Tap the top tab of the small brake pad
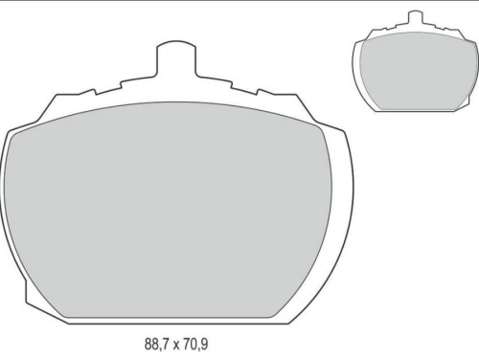(x=414, y=19)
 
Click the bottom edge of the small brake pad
(x=415, y=111)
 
